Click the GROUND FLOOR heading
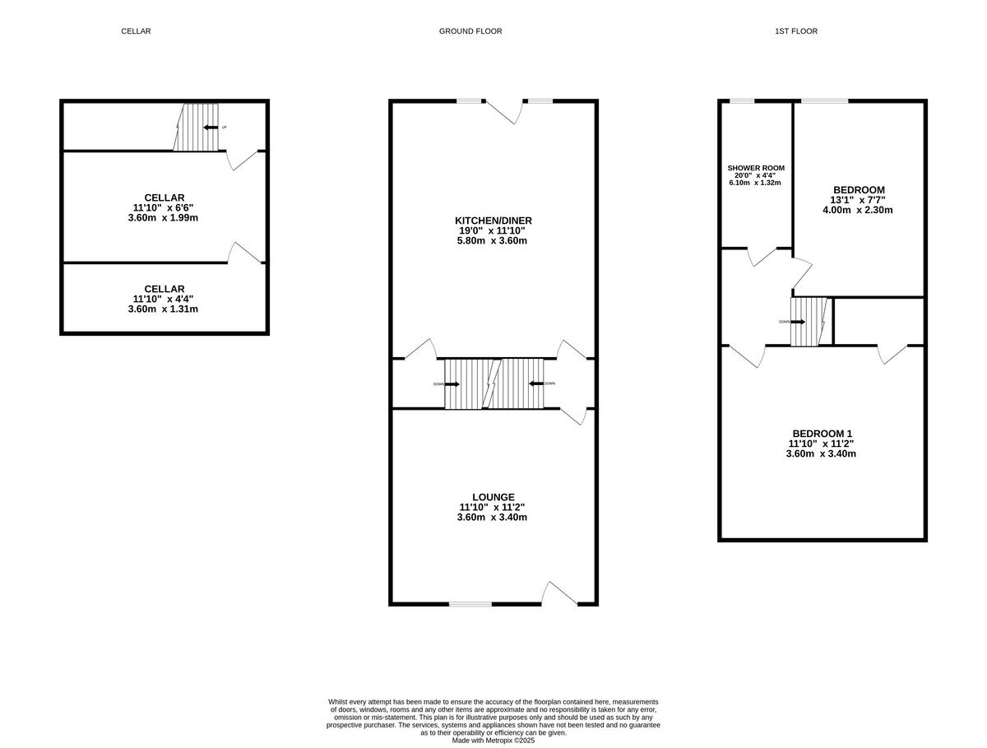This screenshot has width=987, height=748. point(470,31)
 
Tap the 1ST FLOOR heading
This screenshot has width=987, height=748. point(795,31)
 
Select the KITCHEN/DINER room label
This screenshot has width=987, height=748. point(493,221)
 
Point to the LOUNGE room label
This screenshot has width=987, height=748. point(493,497)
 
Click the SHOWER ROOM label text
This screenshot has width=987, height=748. point(755,168)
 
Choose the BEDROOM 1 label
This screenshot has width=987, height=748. point(822,434)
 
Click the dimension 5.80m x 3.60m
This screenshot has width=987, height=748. point(492,241)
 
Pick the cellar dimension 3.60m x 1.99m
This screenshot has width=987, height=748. point(164,218)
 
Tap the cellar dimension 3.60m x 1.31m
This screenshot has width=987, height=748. point(164,309)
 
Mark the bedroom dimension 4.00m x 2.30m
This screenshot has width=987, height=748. point(858,210)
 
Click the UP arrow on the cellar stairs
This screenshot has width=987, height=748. point(211,128)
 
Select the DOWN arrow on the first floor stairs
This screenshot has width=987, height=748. point(798,322)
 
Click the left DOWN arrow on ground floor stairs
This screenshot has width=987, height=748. point(452,384)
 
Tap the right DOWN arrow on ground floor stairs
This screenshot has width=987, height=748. point(535,383)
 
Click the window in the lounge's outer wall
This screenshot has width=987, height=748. point(470,604)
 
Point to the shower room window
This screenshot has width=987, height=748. point(743,101)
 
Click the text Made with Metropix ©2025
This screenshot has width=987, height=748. point(493,740)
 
